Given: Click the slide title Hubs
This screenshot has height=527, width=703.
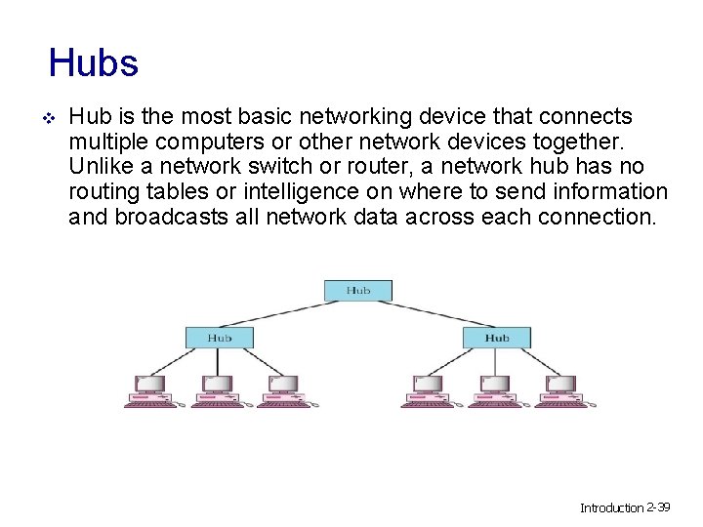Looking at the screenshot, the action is coord(94,64).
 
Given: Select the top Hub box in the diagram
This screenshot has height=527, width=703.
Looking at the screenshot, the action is coord(357,290).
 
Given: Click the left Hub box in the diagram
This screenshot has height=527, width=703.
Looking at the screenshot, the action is coord(220,338).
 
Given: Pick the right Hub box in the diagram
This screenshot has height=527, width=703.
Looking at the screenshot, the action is coord(497,338).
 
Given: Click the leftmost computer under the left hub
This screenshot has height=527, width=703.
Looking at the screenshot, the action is coord(150,391).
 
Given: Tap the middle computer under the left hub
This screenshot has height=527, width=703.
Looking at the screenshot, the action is coord(217,391).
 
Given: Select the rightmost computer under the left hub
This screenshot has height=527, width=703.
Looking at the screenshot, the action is coord(283,391).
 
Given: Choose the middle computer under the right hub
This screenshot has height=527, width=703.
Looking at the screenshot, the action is coord(496,391).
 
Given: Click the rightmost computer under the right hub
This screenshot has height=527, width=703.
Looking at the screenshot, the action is coord(563,391).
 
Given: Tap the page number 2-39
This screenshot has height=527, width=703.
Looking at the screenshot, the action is coord(658,507).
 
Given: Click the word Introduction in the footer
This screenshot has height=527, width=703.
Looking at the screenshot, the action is coord(611,508).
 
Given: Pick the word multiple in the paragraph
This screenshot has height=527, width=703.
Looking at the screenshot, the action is coord(104,142).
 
